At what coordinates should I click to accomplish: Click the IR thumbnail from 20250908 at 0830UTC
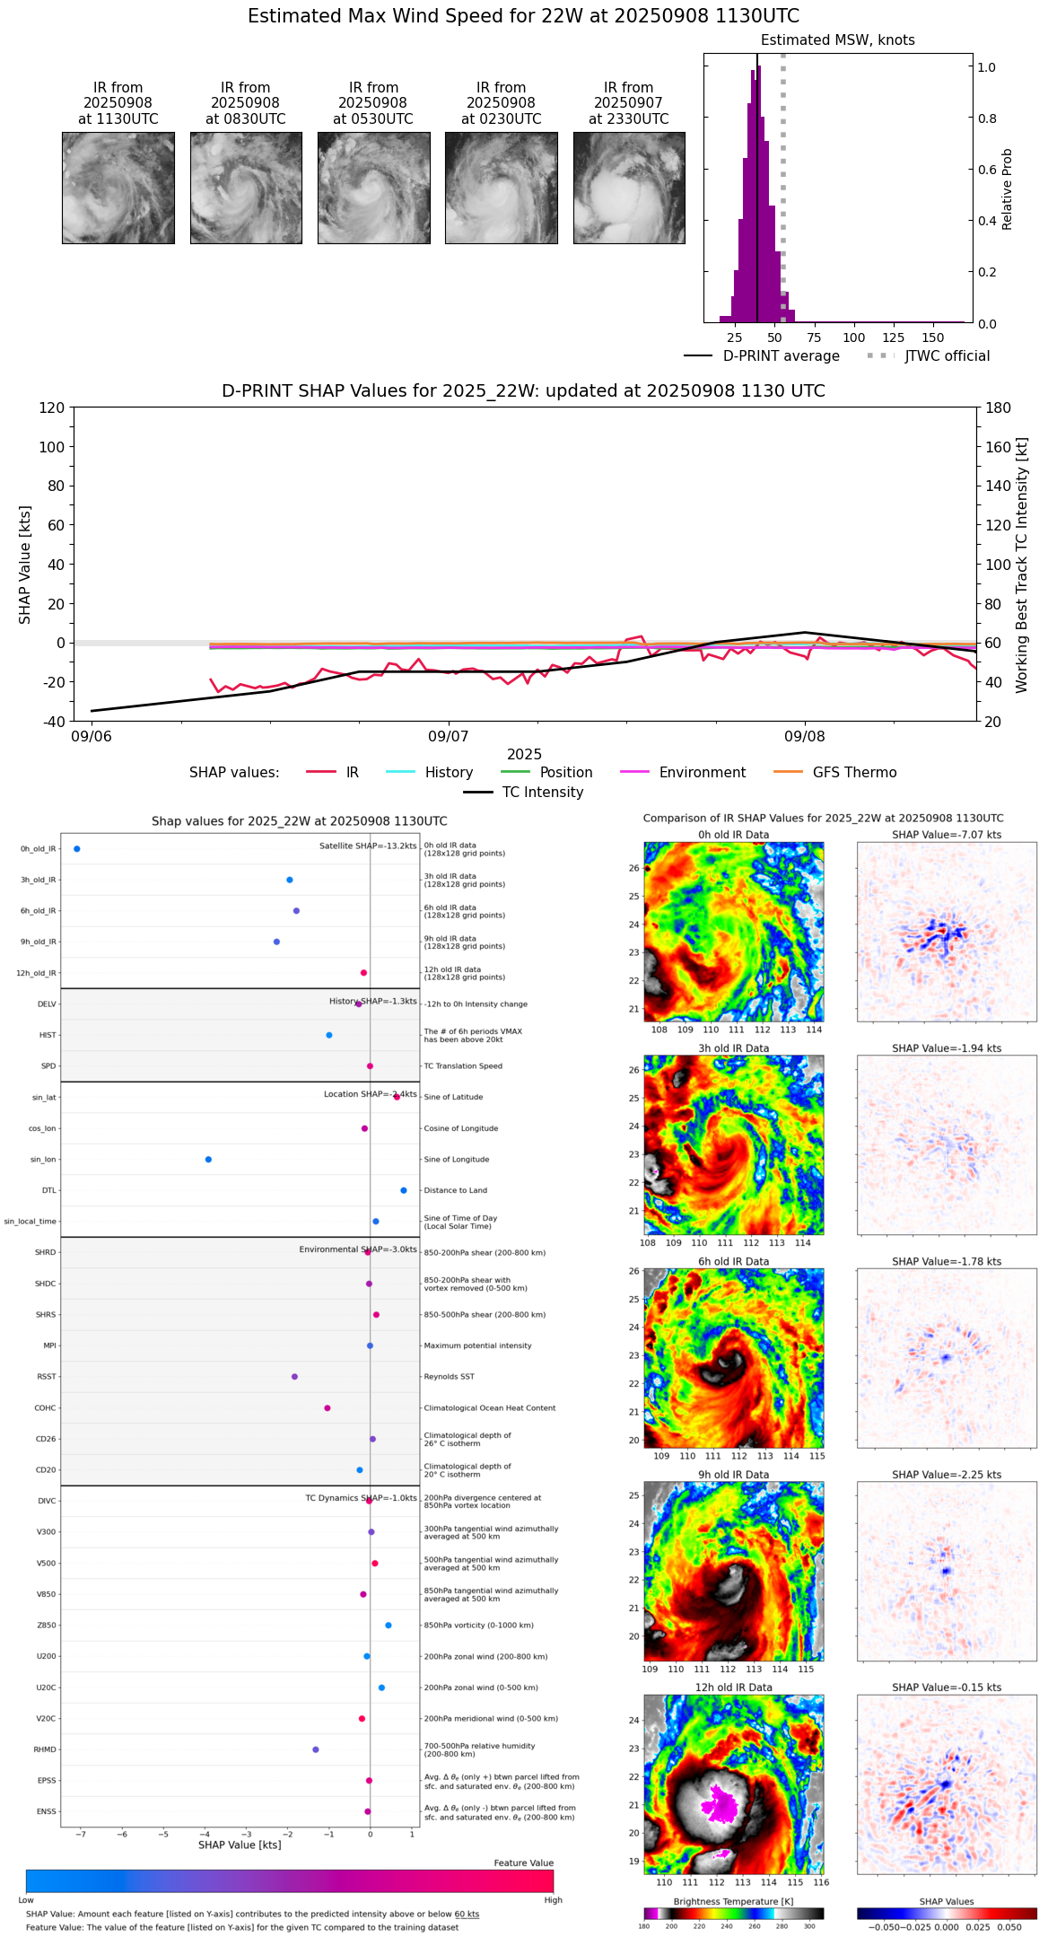246,188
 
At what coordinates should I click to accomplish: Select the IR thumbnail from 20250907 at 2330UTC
629,188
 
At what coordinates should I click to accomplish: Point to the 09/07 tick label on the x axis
448,737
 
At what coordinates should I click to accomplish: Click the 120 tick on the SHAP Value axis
52,408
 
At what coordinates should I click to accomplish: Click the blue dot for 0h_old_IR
77,849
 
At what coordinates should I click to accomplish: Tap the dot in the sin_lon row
208,1160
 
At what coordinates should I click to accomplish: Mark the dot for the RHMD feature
316,1749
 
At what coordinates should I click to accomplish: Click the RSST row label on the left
47,1377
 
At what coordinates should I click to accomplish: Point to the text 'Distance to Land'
457,1191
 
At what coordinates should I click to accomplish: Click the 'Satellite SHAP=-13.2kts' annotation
368,846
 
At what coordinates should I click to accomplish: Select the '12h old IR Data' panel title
733,1687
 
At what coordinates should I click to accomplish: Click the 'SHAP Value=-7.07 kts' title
947,835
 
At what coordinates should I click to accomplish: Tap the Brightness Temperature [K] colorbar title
733,1901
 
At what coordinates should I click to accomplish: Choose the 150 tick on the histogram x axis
933,338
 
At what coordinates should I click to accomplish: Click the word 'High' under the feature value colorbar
553,1900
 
